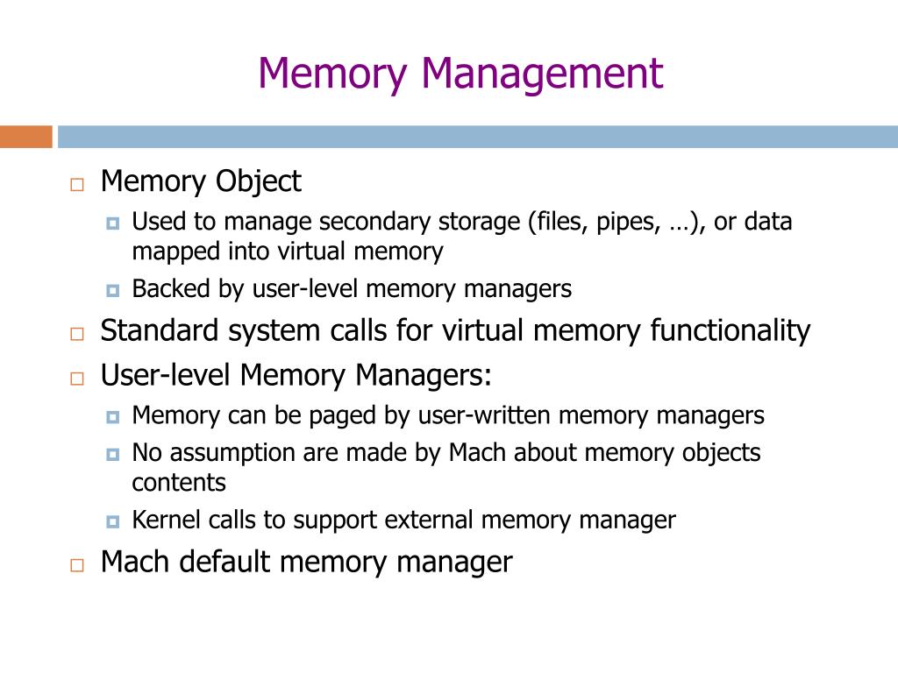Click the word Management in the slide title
(542, 74)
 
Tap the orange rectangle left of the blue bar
(26, 137)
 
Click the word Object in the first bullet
(260, 182)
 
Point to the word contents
(179, 483)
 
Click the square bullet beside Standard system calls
(77, 334)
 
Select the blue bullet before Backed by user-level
(112, 290)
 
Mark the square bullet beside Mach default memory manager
(77, 564)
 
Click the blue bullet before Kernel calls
(112, 521)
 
